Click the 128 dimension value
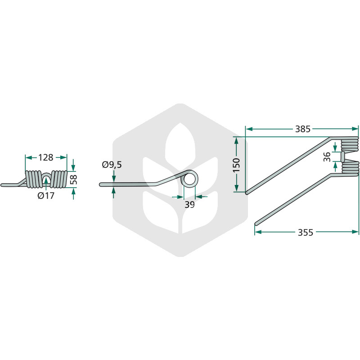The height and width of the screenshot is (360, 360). coord(46,157)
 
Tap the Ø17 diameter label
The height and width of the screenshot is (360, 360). coord(46,196)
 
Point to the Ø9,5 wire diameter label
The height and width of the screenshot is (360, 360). coord(112,165)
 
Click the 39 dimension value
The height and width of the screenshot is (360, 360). coord(189,205)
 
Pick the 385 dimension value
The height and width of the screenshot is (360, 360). coord(302,129)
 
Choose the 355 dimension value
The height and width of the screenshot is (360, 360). coord(306,233)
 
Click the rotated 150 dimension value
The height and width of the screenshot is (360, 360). coord(236,165)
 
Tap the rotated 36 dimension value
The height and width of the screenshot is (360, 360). coord(327,157)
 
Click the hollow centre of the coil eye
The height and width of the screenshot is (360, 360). coord(189,179)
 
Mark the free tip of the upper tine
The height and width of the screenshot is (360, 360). coord(247,193)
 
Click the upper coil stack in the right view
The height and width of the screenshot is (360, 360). coord(350,145)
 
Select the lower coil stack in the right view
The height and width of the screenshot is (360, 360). coord(350,168)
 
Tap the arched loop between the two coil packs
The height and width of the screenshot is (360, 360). coord(46,174)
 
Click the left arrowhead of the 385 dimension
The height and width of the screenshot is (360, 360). coord(249,129)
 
